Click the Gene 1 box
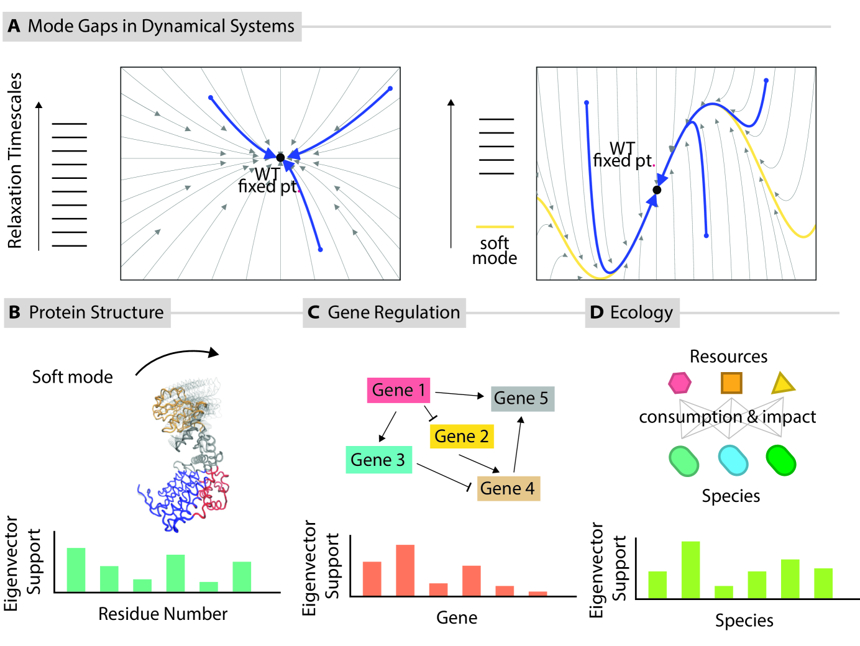pos(398,390)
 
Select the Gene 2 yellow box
pos(461,436)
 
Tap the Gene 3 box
pos(378,460)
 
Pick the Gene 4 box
pos(508,488)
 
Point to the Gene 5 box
pos(522,398)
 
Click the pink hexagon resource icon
pos(680,383)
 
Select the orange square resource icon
pos(731,383)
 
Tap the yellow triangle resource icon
pos(782,384)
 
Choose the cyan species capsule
pos(733,461)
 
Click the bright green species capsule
pos(781,461)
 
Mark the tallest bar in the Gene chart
pos(405,570)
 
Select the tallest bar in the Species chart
pos(690,570)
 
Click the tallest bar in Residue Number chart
pos(76,570)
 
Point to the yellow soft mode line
pos(495,227)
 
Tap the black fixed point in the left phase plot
pos(280,158)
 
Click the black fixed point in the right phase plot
pos(657,189)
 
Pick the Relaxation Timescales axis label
pos(15,160)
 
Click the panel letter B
pos(14,312)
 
